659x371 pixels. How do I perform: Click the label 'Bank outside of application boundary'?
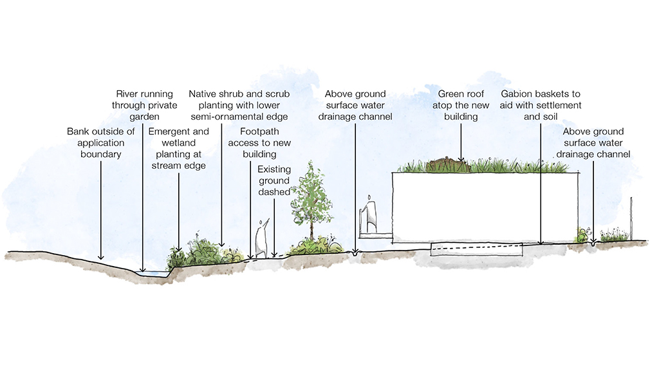pyautogui.click(x=101, y=143)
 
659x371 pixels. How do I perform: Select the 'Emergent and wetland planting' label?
pyautogui.click(x=178, y=148)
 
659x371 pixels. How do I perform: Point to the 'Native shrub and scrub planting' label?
pyautogui.click(x=239, y=105)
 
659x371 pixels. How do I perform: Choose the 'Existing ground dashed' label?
pyautogui.click(x=274, y=180)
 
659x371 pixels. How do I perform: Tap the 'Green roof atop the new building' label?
pyautogui.click(x=460, y=105)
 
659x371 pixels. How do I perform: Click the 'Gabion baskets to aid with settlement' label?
pyautogui.click(x=541, y=105)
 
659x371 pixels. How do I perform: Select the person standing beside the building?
pyautogui.click(x=369, y=215)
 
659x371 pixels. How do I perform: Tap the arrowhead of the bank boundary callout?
pyautogui.click(x=101, y=258)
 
